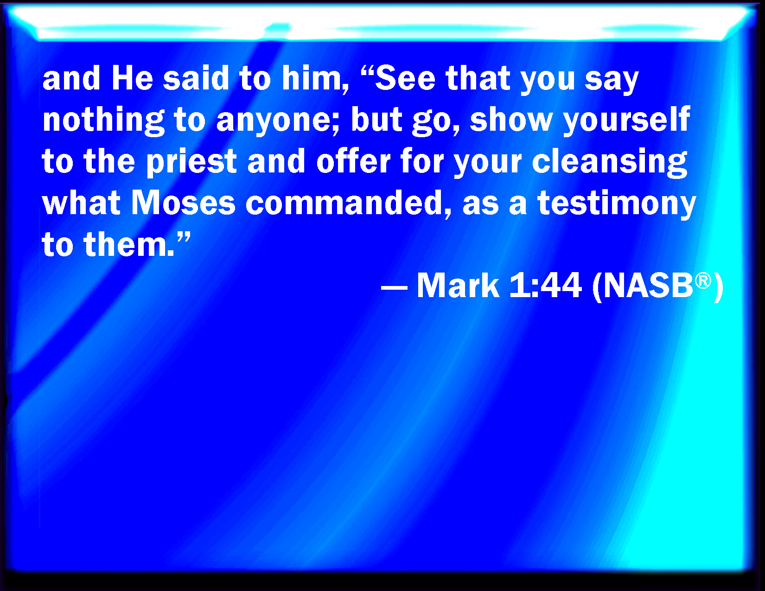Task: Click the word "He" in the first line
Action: [x=132, y=78]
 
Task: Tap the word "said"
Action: [x=196, y=78]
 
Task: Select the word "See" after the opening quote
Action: [x=405, y=78]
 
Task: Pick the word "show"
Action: [x=511, y=119]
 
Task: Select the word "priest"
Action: [x=191, y=162]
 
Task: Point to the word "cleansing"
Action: [x=609, y=162]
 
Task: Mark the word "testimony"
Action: [x=617, y=204]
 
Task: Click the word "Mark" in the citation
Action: [x=458, y=286]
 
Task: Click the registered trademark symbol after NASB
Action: [x=703, y=280]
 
